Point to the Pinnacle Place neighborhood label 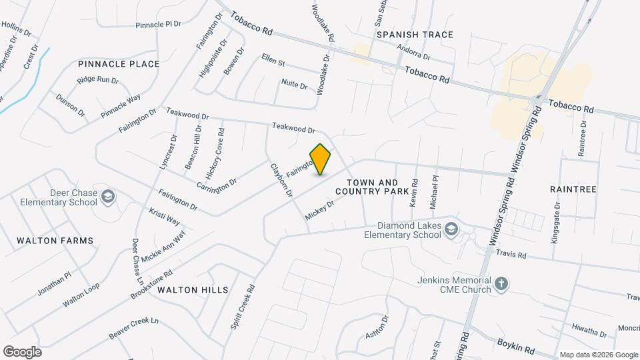pos(119,64)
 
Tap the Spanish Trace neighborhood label pos(415,35)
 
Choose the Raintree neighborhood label pos(573,189)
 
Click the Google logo pos(22,351)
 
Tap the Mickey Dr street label pos(319,210)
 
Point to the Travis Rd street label pos(512,255)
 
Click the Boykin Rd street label pos(516,346)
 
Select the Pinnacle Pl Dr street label pos(158,25)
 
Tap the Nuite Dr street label pos(294,85)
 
